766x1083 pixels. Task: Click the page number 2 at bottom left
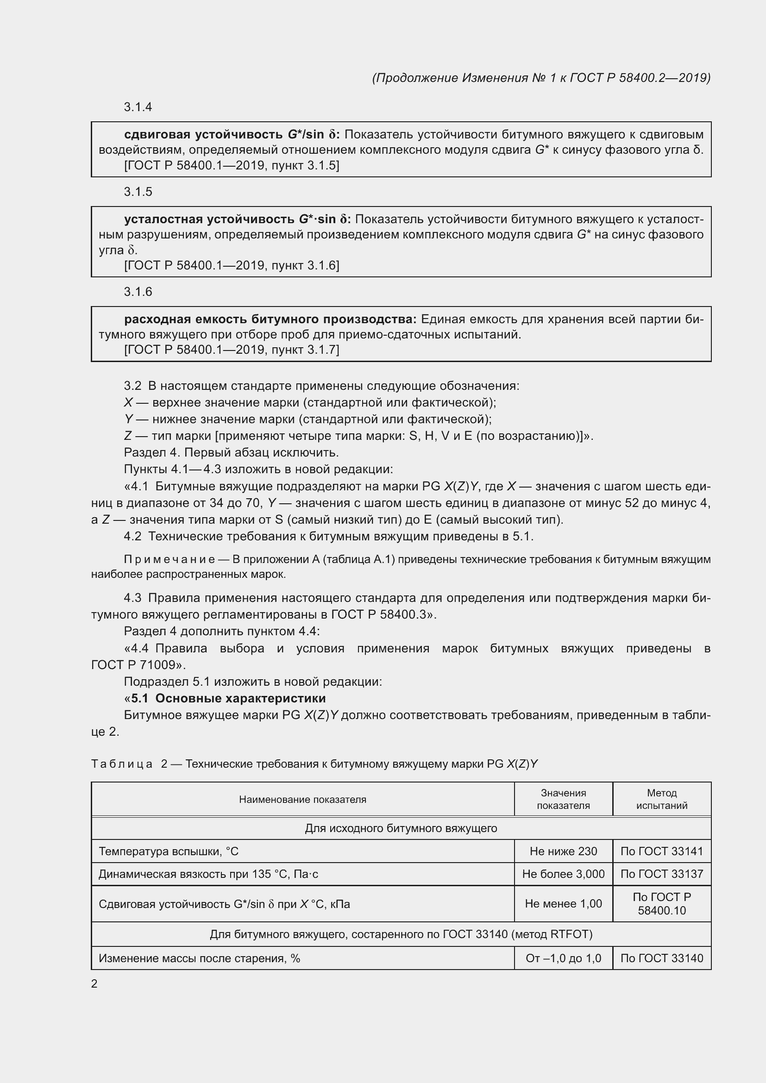coord(94,984)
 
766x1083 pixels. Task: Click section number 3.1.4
coord(138,107)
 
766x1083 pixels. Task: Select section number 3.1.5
coord(138,192)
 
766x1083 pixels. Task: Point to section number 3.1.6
coord(138,292)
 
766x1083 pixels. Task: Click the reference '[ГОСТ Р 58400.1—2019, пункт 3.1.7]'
coord(231,350)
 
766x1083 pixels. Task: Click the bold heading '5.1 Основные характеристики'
coord(228,698)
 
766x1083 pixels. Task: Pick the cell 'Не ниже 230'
coord(563,851)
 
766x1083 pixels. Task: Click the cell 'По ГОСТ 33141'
coord(662,851)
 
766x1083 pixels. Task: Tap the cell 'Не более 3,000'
coord(563,874)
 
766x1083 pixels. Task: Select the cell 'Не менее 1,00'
coord(563,904)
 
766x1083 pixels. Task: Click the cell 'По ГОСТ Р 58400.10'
coord(662,904)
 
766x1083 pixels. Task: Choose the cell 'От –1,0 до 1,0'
coord(563,958)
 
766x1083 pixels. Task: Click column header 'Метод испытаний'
coord(662,799)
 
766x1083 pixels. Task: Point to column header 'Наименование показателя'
coord(302,799)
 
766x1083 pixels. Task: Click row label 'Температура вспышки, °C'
coord(169,851)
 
